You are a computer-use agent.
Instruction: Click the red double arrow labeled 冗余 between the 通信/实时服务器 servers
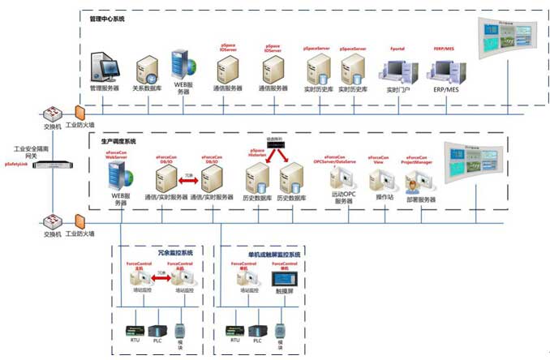coord(188,179)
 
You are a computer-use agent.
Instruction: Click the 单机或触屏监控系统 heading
coord(268,253)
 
